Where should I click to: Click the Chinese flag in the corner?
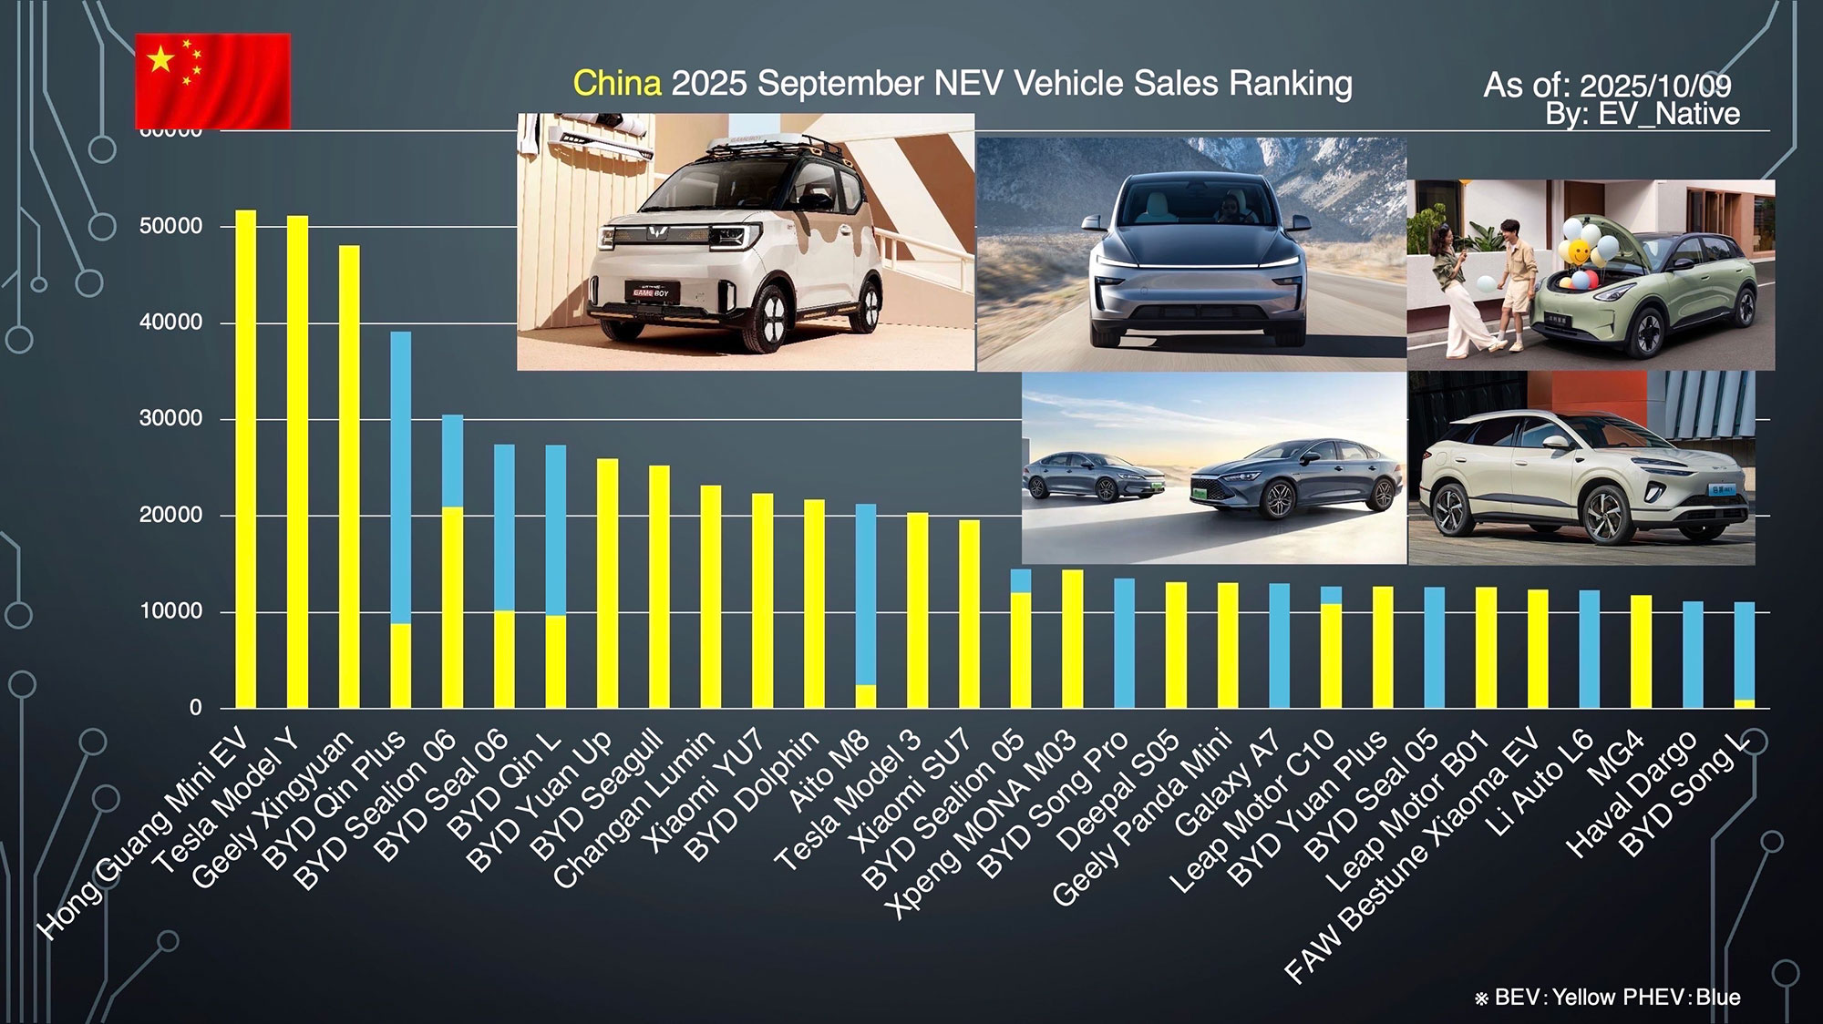[x=212, y=80]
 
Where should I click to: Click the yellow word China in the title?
[x=617, y=84]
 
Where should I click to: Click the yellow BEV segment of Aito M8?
[x=866, y=696]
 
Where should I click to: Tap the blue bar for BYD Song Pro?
[x=1124, y=643]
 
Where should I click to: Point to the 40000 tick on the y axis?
[x=170, y=323]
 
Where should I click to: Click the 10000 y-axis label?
[x=170, y=611]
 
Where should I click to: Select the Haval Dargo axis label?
[x=1632, y=794]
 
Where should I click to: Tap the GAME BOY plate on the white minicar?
[x=651, y=292]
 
